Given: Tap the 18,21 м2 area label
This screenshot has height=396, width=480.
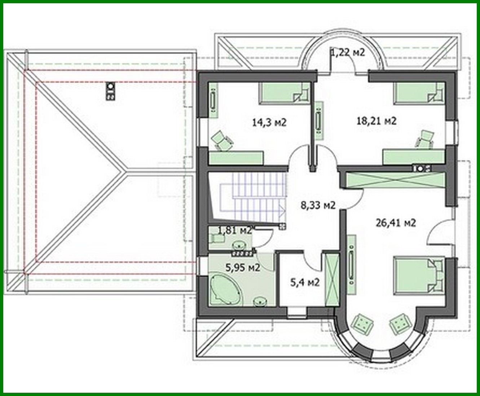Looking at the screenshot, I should pos(376,121).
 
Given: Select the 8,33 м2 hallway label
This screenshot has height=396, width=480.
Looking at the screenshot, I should pos(318,206).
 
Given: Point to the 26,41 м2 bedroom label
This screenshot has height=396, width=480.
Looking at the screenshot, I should pos(396,223).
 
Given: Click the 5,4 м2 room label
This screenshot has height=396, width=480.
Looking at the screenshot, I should pos(305,282).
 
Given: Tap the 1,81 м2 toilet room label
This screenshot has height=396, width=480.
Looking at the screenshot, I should pos(235,230).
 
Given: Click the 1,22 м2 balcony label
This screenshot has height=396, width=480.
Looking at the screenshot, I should pos(348,53).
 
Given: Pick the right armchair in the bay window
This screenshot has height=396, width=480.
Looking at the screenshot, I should pos(399,322).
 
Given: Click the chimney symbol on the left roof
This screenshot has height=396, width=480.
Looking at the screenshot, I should pos(110,91).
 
